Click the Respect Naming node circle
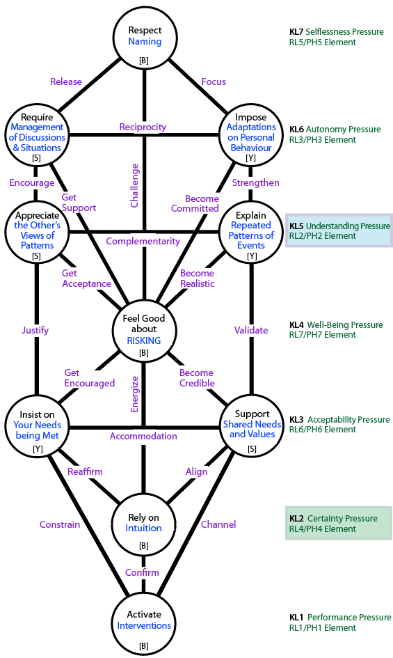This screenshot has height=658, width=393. coord(144,38)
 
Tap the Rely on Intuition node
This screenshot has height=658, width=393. coord(143,524)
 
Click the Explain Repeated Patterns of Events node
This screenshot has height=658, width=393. coord(251,231)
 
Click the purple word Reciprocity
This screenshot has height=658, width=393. coord(143,127)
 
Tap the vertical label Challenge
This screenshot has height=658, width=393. coord(134,185)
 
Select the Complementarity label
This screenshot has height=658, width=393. coord(143,242)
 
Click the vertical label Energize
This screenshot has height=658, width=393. coord(134,394)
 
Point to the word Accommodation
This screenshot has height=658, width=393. coord(143,436)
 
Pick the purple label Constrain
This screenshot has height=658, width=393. coord(60,524)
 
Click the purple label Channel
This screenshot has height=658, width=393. coord(218,524)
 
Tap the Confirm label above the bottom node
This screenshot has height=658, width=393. coord(142,572)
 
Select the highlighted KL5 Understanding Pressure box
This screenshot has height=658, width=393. coord(339,230)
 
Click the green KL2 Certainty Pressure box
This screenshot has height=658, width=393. coord(339,524)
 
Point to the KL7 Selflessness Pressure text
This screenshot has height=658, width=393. coord(337,32)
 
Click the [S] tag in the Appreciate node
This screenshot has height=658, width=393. coord(36,256)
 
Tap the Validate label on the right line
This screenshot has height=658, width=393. coord(251,330)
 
